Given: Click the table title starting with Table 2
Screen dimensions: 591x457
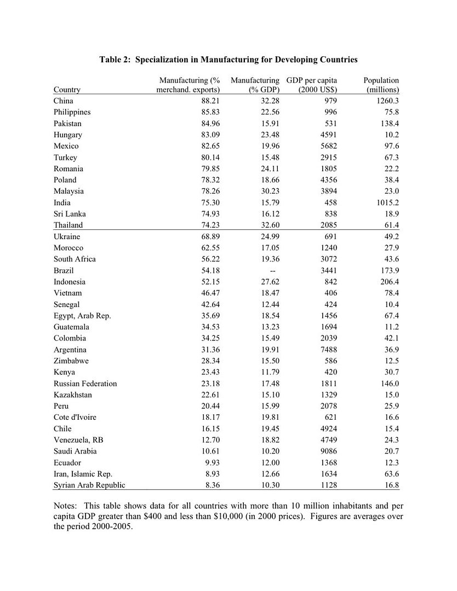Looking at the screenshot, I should [228, 59].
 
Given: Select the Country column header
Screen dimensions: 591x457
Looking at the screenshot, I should [67, 89].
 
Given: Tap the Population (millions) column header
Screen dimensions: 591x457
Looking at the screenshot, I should [381, 85].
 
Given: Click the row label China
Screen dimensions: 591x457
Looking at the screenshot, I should [63, 101].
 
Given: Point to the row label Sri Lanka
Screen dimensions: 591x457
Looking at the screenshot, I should [70, 213].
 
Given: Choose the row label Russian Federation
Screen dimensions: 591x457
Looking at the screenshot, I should [85, 383].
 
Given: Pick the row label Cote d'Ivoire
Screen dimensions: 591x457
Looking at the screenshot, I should [75, 417].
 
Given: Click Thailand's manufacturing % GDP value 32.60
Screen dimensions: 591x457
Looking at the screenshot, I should [269, 225].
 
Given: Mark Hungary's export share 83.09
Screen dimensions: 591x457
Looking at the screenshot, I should [210, 135].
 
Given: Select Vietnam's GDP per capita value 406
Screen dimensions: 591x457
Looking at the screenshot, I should [330, 293].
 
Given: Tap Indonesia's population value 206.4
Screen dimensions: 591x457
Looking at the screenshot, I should [388, 281].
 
